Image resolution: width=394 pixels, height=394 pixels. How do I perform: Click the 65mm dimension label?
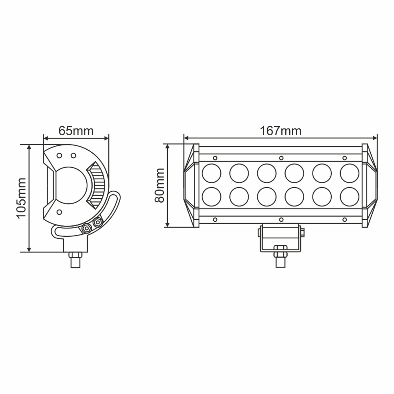pyautogui.click(x=76, y=131)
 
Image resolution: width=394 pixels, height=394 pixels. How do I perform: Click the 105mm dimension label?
pyautogui.click(x=21, y=198)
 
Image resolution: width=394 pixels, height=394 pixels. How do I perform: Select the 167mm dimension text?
pyautogui.click(x=281, y=131)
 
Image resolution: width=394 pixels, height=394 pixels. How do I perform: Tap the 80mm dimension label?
pyautogui.click(x=160, y=186)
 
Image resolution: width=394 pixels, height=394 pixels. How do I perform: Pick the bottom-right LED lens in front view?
pyautogui.click(x=349, y=198)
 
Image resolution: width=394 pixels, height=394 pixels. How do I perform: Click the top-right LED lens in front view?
pyautogui.click(x=349, y=173)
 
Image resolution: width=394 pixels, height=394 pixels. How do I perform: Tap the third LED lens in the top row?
pyautogui.click(x=266, y=173)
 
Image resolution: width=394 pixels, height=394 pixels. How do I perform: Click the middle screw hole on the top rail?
pyautogui.click(x=281, y=158)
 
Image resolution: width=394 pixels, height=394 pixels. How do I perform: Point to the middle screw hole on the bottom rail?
pyautogui.click(x=281, y=219)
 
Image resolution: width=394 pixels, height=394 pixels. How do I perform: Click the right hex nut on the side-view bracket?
pyautogui.click(x=97, y=223)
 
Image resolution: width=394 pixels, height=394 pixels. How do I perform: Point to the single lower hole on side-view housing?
pyautogui.click(x=59, y=212)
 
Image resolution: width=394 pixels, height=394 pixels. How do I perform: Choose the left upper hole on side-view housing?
pyautogui.click(x=59, y=155)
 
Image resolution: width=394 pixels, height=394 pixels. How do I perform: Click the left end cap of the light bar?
pyautogui.click(x=191, y=186)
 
